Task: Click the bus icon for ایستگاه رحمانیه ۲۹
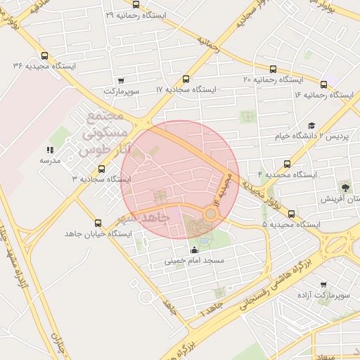click(x=135, y=4)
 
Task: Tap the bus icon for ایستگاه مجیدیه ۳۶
click(x=46, y=56)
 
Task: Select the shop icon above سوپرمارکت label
click(x=122, y=80)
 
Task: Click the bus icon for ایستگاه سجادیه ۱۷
click(x=186, y=79)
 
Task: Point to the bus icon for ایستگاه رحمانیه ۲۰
click(x=273, y=70)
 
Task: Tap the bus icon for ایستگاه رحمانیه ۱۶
click(x=323, y=84)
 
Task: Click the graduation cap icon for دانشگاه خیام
click(x=311, y=125)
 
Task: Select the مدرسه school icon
click(x=50, y=150)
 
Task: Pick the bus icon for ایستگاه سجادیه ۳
click(x=102, y=169)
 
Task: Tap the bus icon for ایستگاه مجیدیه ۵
click(x=291, y=214)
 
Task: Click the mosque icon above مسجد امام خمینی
click(x=194, y=250)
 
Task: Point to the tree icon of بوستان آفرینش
click(x=345, y=187)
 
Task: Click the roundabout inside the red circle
click(x=210, y=212)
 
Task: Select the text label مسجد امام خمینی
click(x=194, y=261)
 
